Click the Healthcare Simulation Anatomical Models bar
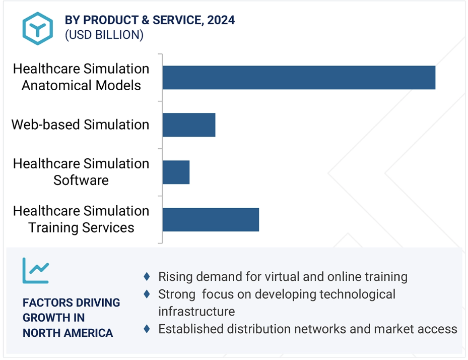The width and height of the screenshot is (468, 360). (x=299, y=77)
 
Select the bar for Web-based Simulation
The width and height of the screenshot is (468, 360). (x=189, y=125)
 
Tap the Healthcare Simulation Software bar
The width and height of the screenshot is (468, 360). (x=176, y=172)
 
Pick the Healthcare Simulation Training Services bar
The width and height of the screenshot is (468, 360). (x=211, y=220)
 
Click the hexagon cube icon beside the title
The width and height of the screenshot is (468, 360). (x=38, y=28)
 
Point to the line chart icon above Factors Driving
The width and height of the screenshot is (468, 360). (x=36, y=270)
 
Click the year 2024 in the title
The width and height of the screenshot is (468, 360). (x=221, y=20)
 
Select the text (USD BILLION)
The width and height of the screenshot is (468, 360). (x=104, y=35)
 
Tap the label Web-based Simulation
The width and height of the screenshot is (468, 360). (x=80, y=125)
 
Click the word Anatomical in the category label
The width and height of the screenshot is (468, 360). (x=57, y=85)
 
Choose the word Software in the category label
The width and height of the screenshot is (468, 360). (x=81, y=180)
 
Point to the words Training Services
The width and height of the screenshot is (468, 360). (x=81, y=228)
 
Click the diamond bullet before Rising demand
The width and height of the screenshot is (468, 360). (x=147, y=276)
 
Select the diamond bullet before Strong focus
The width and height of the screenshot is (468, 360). (x=147, y=294)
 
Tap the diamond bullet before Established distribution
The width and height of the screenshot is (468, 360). (x=147, y=329)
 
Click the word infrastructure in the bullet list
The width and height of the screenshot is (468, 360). (x=196, y=311)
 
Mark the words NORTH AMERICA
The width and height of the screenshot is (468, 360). (x=68, y=333)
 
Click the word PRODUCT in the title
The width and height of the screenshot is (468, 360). (x=110, y=20)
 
